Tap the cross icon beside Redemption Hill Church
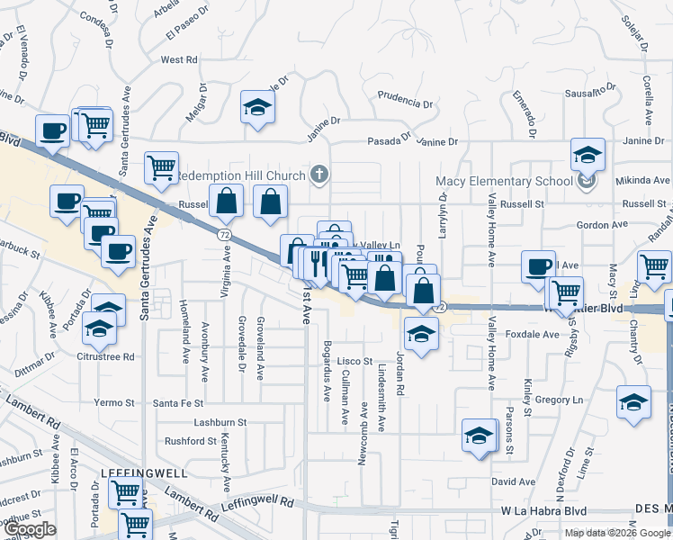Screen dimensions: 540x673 pos(318,174)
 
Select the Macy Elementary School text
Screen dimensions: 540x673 pos(504,181)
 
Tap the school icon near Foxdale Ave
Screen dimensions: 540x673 pos(420,334)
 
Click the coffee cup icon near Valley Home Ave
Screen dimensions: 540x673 pos(538,265)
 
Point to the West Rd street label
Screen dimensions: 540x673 pos(178,60)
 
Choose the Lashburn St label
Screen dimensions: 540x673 pos(220,422)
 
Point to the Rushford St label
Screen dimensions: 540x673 pos(190,441)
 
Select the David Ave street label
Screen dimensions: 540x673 pos(513,481)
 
